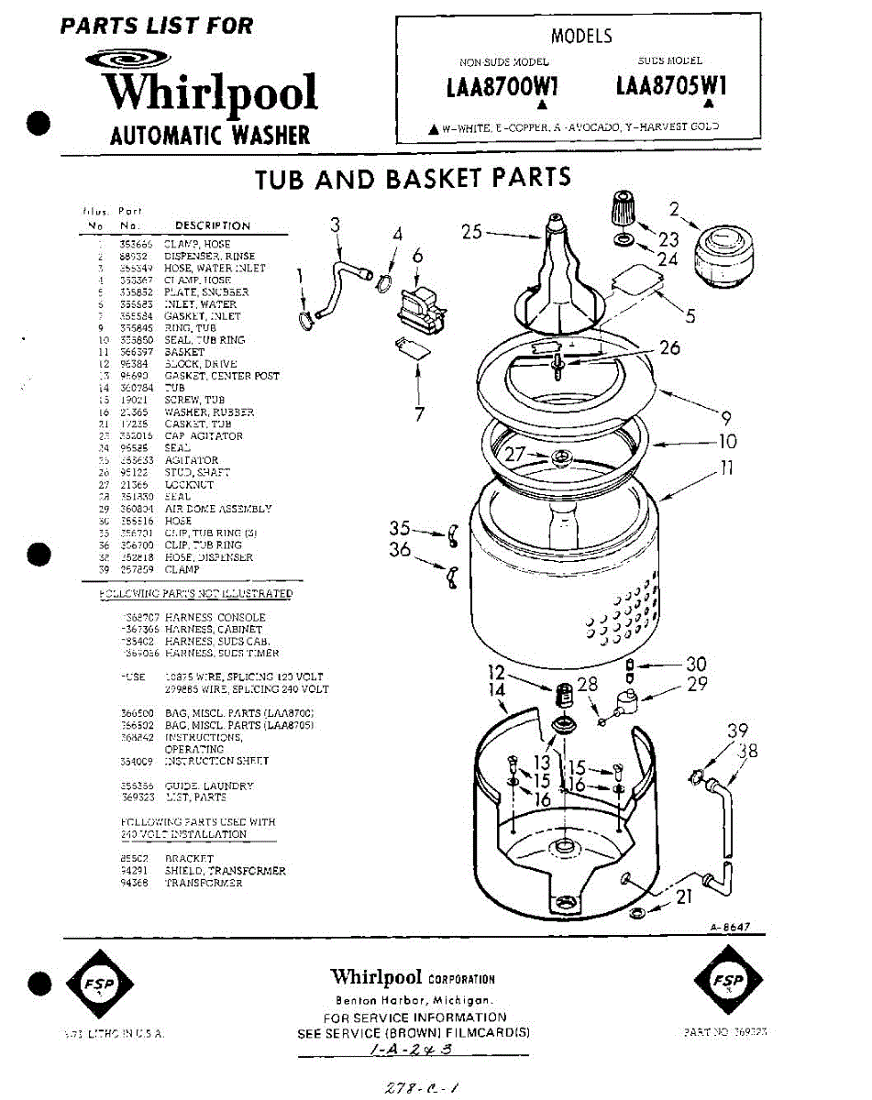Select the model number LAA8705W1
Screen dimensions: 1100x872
(671, 86)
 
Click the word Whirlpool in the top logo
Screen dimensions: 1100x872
(210, 92)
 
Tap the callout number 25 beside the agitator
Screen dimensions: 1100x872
(472, 232)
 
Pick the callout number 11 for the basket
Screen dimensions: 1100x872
(727, 468)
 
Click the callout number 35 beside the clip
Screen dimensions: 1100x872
(400, 527)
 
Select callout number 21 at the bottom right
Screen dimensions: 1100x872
(684, 897)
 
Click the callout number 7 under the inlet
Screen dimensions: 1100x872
(419, 414)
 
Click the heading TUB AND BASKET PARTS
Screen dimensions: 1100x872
(413, 178)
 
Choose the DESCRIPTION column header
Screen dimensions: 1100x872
(212, 225)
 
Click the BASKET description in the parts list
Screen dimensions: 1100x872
(184, 352)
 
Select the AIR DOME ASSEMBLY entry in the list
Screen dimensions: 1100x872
(218, 508)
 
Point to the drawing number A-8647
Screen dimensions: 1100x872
(729, 927)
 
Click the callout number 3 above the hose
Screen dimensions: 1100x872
(335, 225)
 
